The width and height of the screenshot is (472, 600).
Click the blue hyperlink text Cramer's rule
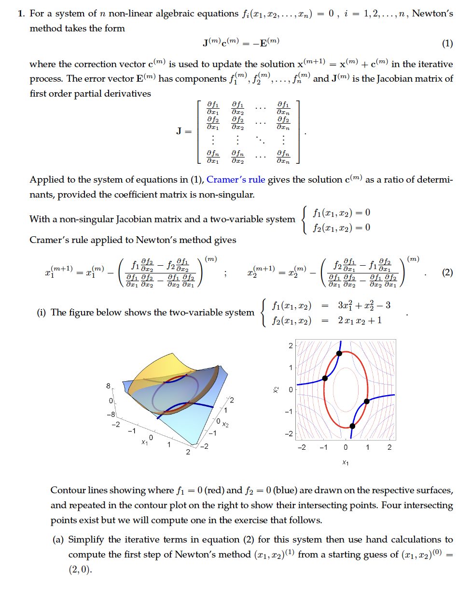(x=236, y=180)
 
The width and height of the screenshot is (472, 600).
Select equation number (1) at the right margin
(x=447, y=43)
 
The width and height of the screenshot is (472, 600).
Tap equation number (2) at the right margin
(x=447, y=272)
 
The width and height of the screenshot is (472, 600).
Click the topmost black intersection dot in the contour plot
(x=339, y=354)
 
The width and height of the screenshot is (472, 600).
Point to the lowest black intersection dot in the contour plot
(x=352, y=426)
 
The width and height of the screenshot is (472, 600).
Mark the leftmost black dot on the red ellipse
(x=325, y=378)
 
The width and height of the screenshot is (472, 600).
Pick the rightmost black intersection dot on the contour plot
(x=367, y=401)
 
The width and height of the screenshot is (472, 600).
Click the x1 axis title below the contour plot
(x=346, y=463)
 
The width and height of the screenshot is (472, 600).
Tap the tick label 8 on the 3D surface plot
(x=108, y=386)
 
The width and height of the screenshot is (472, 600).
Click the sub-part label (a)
(x=58, y=540)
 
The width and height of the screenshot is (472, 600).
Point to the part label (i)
(x=42, y=313)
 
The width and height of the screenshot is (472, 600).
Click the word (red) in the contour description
(x=214, y=490)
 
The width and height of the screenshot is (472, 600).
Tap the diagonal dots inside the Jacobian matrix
(x=260, y=140)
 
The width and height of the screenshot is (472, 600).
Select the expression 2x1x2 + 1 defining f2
(x=360, y=320)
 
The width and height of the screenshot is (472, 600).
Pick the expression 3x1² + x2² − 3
(x=364, y=305)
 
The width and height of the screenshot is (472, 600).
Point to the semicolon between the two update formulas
(x=225, y=273)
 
